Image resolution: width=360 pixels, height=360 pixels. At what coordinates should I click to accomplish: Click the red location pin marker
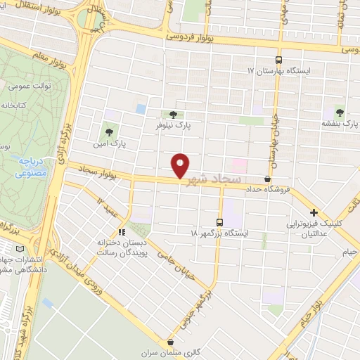181,165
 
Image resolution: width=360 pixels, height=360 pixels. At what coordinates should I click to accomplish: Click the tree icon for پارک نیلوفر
173,113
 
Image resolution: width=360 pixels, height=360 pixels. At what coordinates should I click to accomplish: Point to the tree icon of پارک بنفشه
340,111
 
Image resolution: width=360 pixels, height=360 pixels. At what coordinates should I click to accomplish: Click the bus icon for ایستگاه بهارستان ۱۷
279,60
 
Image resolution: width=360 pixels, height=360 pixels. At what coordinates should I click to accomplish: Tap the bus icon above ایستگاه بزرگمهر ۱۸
219,221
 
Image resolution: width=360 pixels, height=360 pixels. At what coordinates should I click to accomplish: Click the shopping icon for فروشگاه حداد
267,179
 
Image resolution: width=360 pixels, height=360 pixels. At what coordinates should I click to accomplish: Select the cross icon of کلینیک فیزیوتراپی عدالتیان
314,212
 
